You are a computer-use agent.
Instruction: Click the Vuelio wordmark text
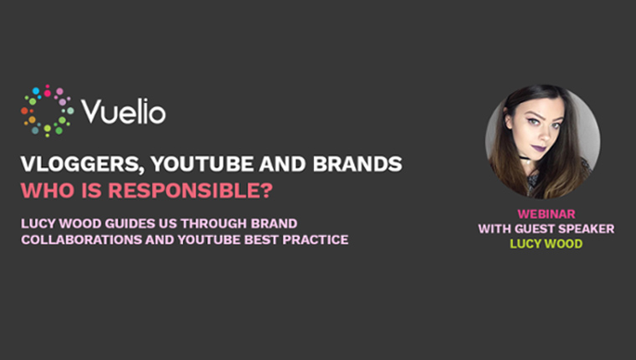(x=123, y=111)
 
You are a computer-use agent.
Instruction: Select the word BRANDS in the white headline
(x=357, y=163)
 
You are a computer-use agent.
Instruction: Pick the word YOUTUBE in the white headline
(x=202, y=163)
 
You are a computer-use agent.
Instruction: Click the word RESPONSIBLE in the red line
(x=186, y=190)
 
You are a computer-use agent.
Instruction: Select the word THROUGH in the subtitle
(x=213, y=224)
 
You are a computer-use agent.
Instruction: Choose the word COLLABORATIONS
(x=81, y=240)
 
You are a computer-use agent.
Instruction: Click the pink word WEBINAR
(x=546, y=213)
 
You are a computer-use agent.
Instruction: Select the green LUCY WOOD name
(x=546, y=244)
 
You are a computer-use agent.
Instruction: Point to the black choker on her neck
(x=526, y=158)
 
